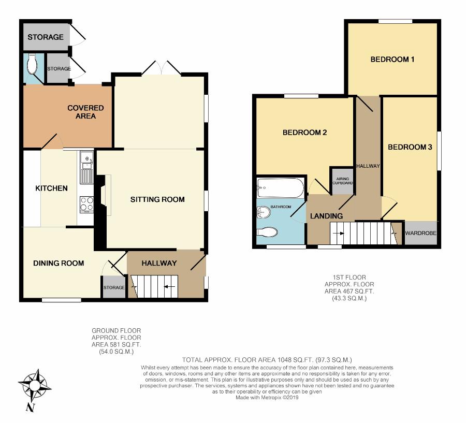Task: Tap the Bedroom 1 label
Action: [392, 60]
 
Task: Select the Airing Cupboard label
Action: [343, 181]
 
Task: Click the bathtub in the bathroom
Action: [280, 188]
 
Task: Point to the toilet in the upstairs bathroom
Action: [267, 232]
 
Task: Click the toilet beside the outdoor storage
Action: [31, 64]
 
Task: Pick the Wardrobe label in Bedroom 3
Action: [421, 233]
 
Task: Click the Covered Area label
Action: [85, 112]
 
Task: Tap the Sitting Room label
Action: [157, 199]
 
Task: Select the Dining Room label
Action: [59, 263]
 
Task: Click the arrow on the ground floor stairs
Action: [170, 286]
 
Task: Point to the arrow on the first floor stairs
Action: [339, 234]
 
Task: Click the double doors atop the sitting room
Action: [162, 68]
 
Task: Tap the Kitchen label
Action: [51, 188]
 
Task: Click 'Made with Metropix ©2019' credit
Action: [267, 398]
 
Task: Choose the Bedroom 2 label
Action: [304, 133]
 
